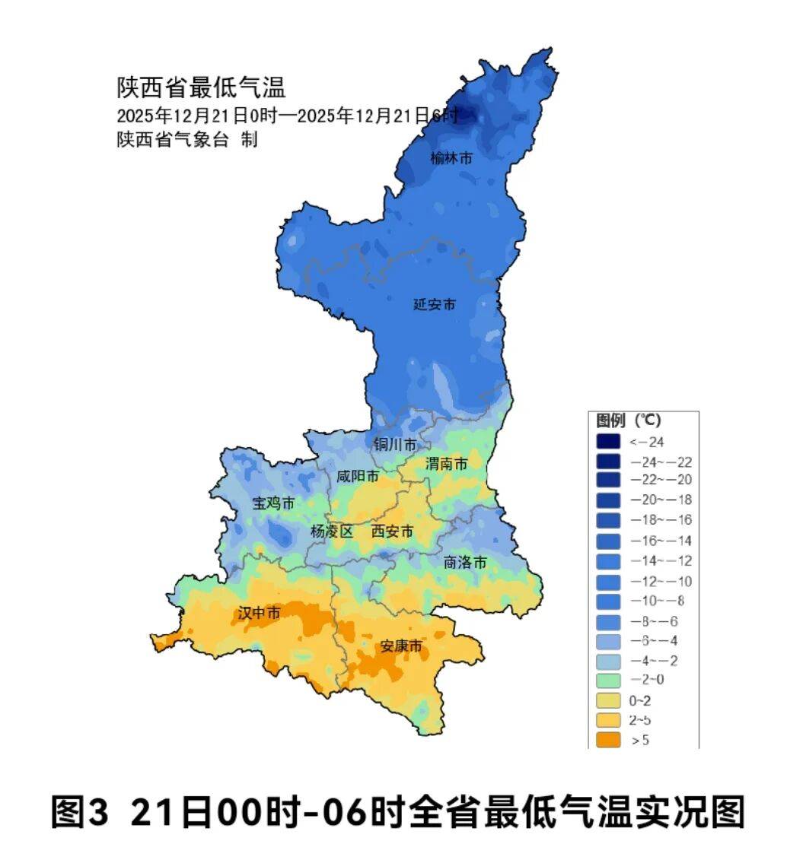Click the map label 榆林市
click(451, 158)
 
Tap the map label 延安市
click(434, 304)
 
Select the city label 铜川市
click(395, 443)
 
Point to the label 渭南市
click(446, 463)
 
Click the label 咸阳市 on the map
click(358, 477)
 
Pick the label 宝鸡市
click(273, 503)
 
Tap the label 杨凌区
click(332, 532)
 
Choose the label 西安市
click(392, 532)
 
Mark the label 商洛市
click(465, 563)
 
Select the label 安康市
click(401, 646)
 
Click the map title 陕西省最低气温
click(201, 87)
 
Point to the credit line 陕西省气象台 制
click(186, 140)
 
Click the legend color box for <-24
click(608, 441)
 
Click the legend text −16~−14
click(661, 540)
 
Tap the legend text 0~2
click(642, 699)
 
